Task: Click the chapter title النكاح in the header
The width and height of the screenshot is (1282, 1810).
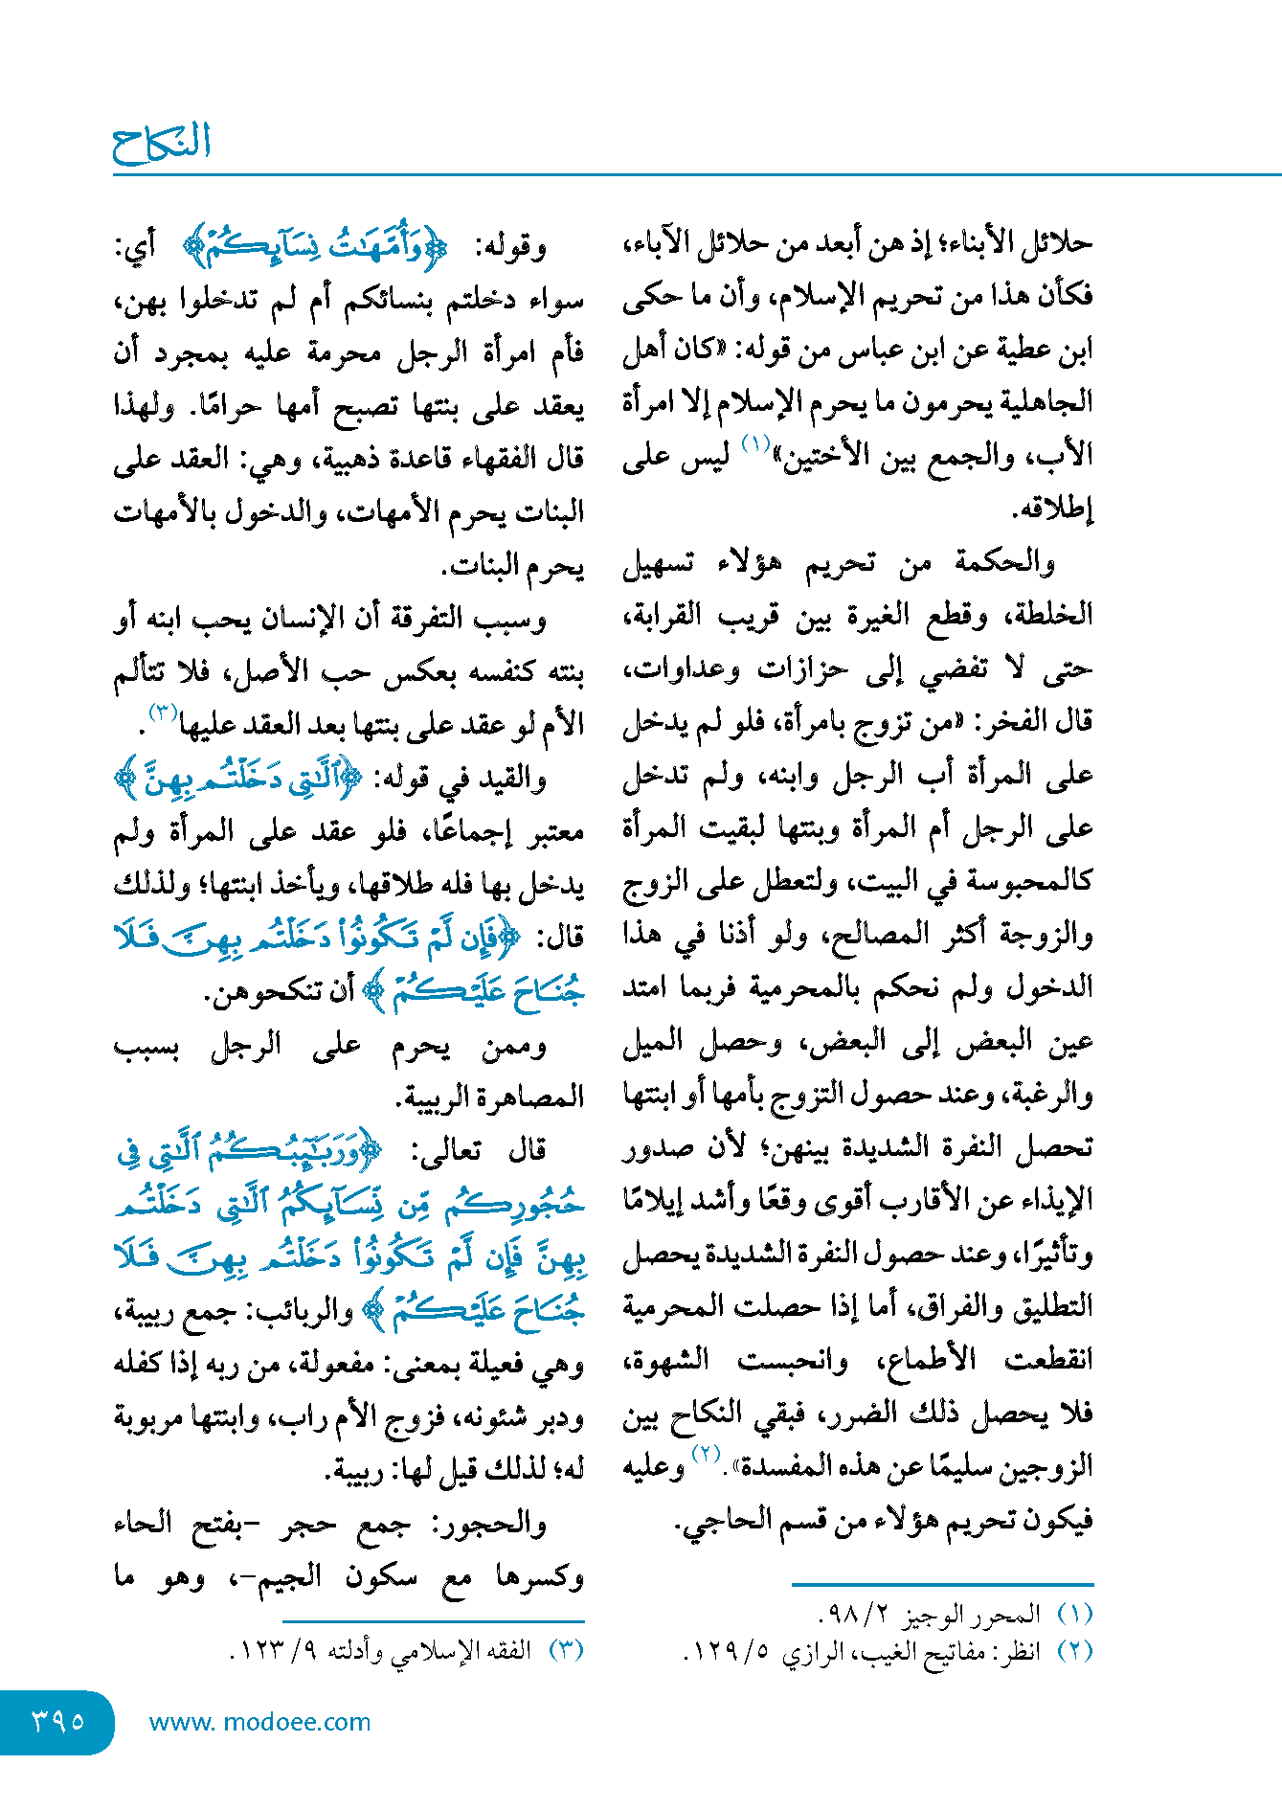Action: coord(161,143)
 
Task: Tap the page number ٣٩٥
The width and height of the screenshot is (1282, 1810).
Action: coord(57,1721)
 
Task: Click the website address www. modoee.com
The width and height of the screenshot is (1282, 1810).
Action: coord(259,1722)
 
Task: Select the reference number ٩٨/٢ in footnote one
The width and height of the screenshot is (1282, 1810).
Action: coord(854,1616)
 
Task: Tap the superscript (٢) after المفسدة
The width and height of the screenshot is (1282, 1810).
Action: coord(706,1455)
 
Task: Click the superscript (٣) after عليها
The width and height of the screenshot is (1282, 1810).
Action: coord(162,712)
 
